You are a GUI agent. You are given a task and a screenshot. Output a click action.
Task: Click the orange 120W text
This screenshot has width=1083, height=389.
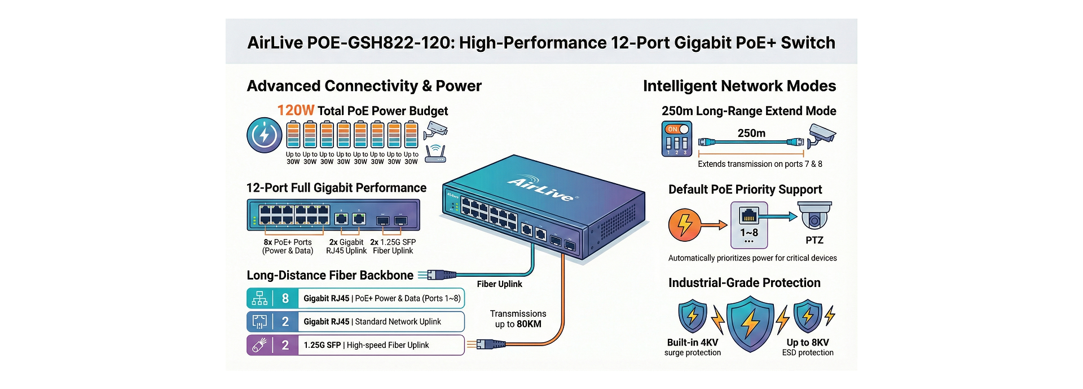click(x=296, y=110)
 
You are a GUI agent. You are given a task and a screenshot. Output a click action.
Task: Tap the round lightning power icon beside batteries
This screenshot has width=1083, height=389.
click(x=264, y=135)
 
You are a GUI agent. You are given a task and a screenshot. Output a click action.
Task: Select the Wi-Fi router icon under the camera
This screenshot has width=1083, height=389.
click(x=435, y=154)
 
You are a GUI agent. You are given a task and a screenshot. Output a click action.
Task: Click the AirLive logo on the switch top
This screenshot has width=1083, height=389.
click(x=540, y=189)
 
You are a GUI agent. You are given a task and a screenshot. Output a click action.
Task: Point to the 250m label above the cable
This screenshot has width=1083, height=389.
click(x=751, y=134)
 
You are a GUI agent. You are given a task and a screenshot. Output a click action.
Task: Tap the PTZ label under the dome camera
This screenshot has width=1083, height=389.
click(x=814, y=240)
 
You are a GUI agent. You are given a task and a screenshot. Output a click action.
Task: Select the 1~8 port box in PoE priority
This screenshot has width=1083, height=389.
click(x=749, y=225)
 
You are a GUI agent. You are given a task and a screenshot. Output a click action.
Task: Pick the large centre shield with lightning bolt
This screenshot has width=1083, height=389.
click(x=750, y=324)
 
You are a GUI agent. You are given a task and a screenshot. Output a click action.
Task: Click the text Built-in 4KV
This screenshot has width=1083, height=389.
click(x=692, y=342)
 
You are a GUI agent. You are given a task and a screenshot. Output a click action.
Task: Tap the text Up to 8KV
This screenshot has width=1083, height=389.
click(x=807, y=342)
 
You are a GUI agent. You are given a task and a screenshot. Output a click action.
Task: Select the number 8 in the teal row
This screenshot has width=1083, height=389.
click(x=285, y=298)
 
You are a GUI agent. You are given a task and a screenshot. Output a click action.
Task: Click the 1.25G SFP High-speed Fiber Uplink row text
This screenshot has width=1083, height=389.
click(x=366, y=345)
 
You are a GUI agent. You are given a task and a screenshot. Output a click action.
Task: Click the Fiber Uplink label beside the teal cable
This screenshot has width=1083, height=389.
click(x=499, y=284)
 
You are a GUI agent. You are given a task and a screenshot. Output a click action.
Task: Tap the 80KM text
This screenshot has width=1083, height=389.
click(x=529, y=324)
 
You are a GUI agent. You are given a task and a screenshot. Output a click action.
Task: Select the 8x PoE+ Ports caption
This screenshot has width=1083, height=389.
click(x=288, y=242)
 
